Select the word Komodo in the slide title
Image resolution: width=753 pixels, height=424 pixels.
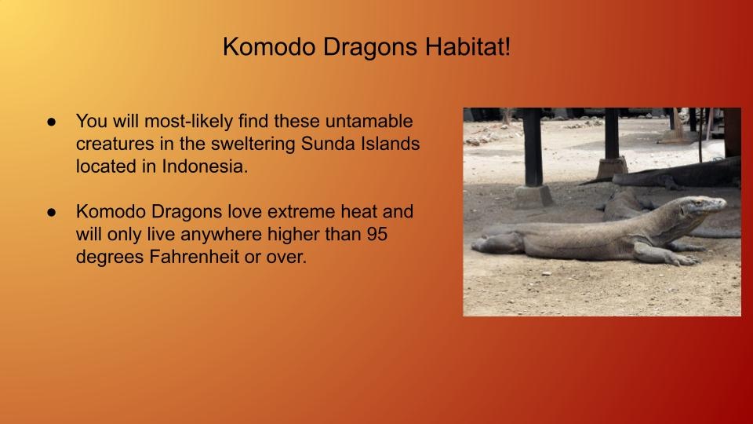pyautogui.click(x=269, y=47)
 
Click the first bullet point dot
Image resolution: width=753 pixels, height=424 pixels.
pyautogui.click(x=52, y=122)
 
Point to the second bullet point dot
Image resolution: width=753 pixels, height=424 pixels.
pyautogui.click(x=52, y=213)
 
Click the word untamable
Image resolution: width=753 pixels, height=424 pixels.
pyautogui.click(x=369, y=121)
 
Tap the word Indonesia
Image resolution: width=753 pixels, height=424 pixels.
pyautogui.click(x=205, y=166)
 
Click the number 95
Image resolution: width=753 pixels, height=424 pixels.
pyautogui.click(x=377, y=234)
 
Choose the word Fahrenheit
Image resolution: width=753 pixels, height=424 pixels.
pyautogui.click(x=194, y=256)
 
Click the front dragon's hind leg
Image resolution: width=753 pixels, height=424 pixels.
pyautogui.click(x=500, y=243)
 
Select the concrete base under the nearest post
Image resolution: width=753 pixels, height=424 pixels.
pyautogui.click(x=533, y=196)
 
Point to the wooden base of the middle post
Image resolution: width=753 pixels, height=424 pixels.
pyautogui.click(x=612, y=167)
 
